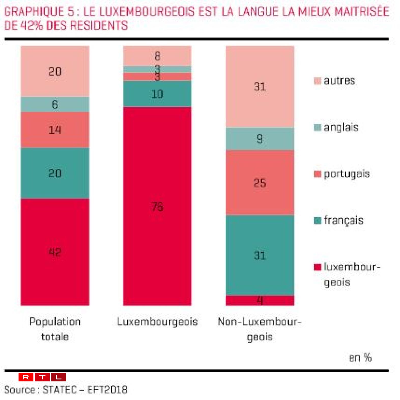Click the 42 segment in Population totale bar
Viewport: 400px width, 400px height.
coord(55,252)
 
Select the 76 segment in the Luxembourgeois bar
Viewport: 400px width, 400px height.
coord(157,206)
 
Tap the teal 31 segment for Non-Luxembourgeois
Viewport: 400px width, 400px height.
coord(260,255)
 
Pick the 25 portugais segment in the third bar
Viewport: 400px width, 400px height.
coord(260,183)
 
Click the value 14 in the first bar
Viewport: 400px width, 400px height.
coord(55,130)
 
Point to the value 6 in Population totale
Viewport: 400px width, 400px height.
coord(55,104)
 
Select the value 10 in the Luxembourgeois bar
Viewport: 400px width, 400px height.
coord(157,94)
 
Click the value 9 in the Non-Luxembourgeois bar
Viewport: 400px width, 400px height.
coord(260,139)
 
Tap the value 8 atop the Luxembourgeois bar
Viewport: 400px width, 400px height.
coord(157,56)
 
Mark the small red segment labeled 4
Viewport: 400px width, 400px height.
coord(260,301)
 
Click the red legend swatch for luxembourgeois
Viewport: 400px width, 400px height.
coord(318,267)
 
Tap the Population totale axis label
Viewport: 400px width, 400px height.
coord(55,329)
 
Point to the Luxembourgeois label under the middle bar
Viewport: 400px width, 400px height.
coord(157,322)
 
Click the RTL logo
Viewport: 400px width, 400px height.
coord(42,377)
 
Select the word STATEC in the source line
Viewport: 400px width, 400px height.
coord(60,390)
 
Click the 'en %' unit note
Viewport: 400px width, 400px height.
coord(360,358)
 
